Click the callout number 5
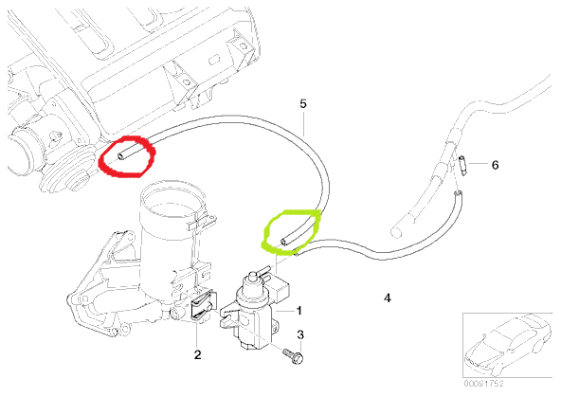click(x=303, y=103)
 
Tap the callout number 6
click(x=495, y=165)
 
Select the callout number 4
click(x=388, y=298)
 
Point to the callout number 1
click(x=299, y=311)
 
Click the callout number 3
click(x=300, y=334)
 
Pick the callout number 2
click(x=197, y=354)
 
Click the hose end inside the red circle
click(x=120, y=156)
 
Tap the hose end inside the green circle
click(x=283, y=243)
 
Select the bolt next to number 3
click(x=293, y=356)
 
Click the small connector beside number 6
click(x=463, y=165)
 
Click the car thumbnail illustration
click(x=509, y=345)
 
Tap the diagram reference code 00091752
click(x=483, y=384)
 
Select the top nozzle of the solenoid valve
click(x=253, y=278)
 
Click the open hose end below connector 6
click(x=458, y=194)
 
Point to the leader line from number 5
click(x=304, y=123)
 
